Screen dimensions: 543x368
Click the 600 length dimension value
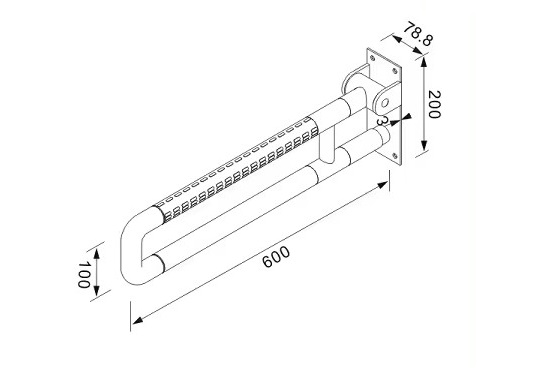point(276,257)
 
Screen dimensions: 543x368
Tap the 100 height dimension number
point(83,275)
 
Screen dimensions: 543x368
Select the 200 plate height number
point(434,105)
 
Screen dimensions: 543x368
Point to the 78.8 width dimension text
point(418,34)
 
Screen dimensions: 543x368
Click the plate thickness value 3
point(381,121)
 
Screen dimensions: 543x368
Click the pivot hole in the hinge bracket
point(385,103)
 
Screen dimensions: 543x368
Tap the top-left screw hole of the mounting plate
point(372,58)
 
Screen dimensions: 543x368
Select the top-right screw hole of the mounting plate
point(394,71)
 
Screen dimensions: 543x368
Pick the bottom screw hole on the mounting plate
point(394,156)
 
